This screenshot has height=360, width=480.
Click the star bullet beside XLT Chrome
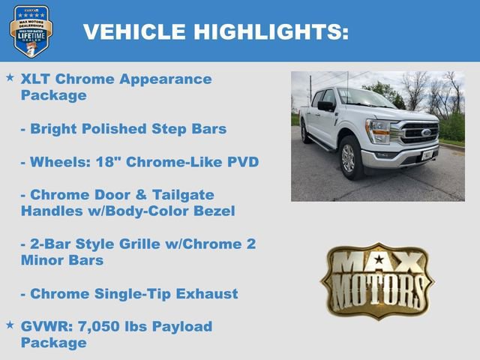click(10, 77)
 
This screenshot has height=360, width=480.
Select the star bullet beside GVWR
click(10, 325)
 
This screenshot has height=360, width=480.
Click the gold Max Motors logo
click(377, 279)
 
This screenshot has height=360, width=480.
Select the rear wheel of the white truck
click(305, 133)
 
